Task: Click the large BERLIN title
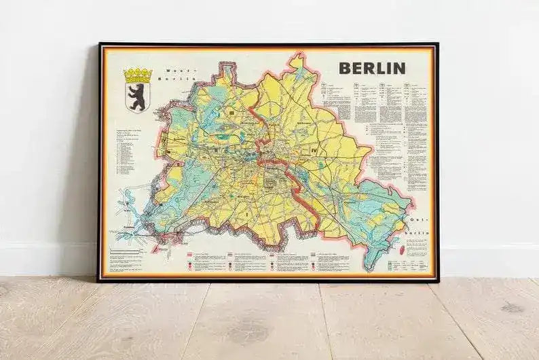pos(372,68)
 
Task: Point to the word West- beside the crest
pos(168,70)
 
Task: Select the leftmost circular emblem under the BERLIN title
pos(347,86)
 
